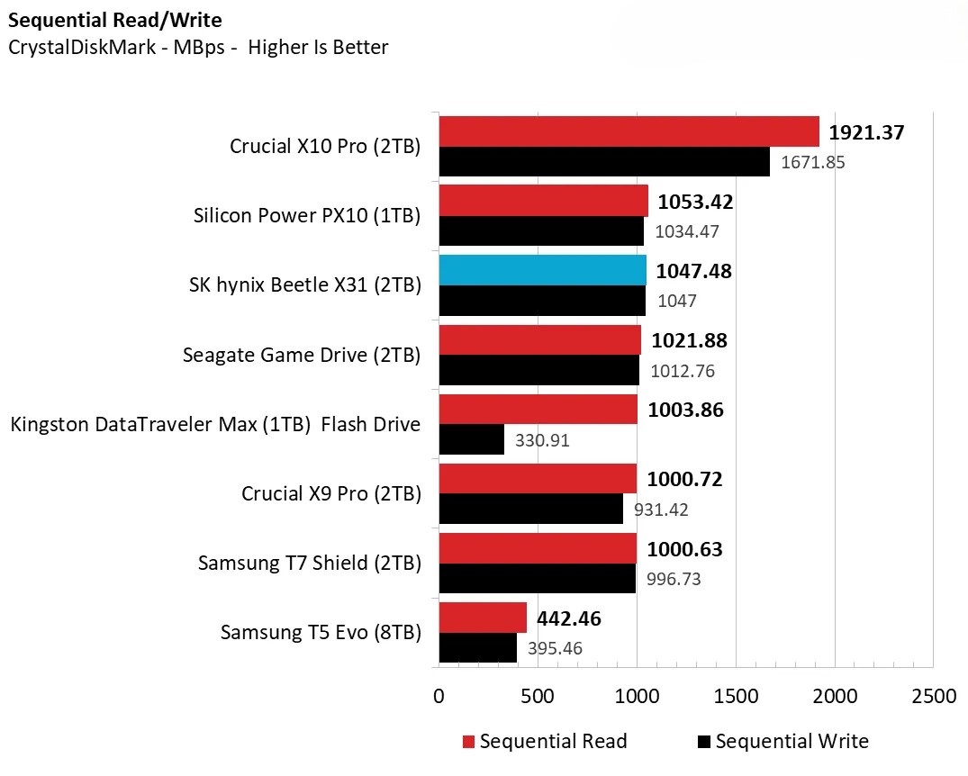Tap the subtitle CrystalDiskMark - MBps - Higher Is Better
click(198, 48)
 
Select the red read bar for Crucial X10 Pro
click(629, 131)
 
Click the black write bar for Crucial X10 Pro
click(604, 162)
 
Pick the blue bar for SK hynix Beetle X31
click(542, 270)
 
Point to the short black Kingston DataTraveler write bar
click(471, 439)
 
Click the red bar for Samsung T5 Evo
click(483, 618)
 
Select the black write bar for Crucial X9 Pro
click(530, 509)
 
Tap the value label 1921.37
click(866, 132)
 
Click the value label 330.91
click(542, 441)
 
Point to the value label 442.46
click(569, 618)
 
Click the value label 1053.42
click(695, 202)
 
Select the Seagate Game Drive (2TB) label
click(302, 355)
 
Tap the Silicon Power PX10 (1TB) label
click(307, 216)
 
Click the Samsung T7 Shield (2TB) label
click(310, 563)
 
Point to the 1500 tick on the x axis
click(736, 697)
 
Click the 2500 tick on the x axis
click(934, 697)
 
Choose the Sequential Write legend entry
click(783, 742)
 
